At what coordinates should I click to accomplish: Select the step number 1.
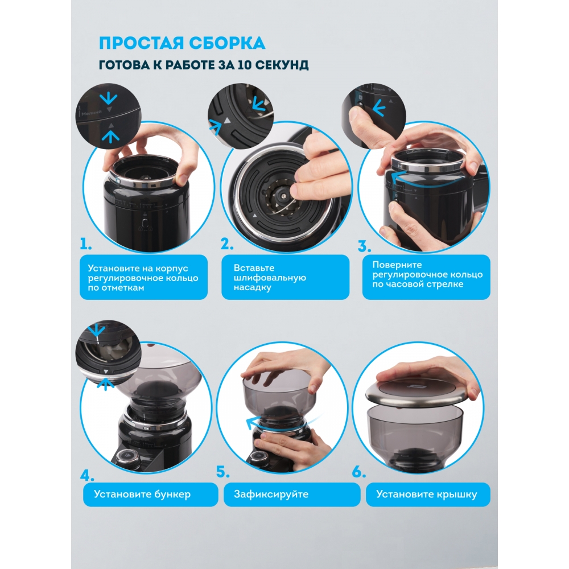pos(86,244)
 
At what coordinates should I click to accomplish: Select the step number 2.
pos(227,244)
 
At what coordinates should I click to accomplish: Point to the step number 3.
pos(364,246)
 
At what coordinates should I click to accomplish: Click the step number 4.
pos(87,475)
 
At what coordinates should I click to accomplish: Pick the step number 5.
pos(223,471)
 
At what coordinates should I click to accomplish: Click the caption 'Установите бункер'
pos(142,494)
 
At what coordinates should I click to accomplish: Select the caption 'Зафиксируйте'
pos(271,494)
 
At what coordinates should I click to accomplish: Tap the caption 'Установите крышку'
pos(426,494)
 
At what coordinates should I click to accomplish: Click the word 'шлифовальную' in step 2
pos(270,278)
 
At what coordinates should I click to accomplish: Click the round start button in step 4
pos(129,455)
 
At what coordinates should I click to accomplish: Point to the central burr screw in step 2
pos(281,195)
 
